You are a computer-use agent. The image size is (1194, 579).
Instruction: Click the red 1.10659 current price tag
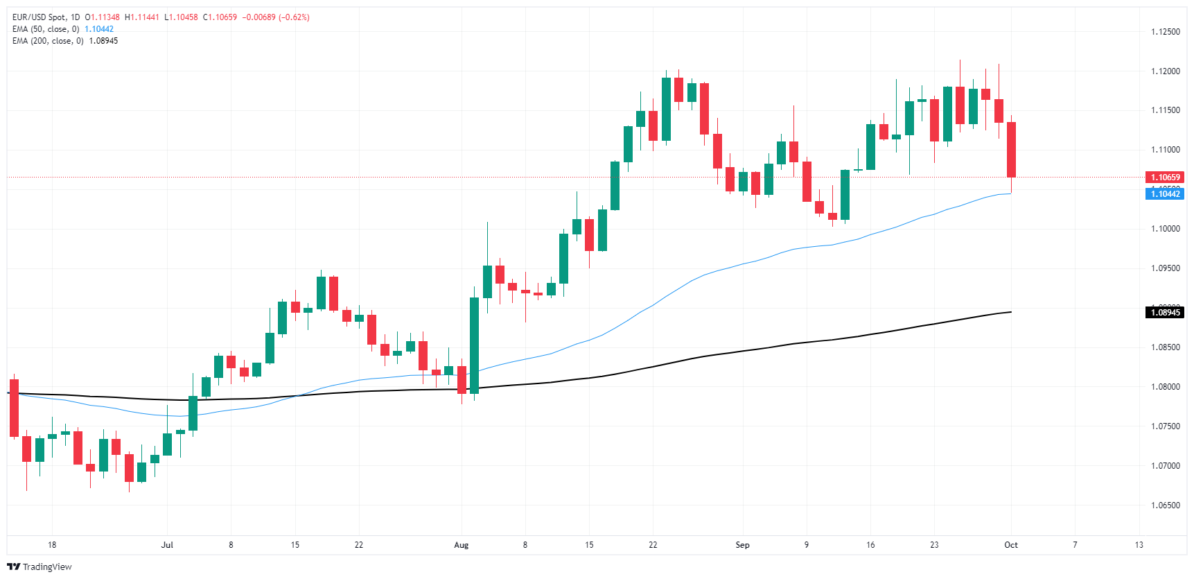[1164, 178]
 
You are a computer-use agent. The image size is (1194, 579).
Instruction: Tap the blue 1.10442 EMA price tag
[1164, 194]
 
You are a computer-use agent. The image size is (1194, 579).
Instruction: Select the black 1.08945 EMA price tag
[1164, 313]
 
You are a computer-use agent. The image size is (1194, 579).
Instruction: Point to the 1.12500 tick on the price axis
[1165, 32]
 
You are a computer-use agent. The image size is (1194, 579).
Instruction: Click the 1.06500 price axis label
[1165, 505]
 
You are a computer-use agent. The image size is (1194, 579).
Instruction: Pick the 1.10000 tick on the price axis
[1165, 229]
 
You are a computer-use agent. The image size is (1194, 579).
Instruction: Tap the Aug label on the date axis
[461, 545]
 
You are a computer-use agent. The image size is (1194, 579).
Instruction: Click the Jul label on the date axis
[167, 545]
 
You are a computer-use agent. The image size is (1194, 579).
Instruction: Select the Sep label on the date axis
[742, 545]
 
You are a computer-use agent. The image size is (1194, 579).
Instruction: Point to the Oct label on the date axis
[1011, 545]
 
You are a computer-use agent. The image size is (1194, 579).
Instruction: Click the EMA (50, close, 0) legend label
[46, 29]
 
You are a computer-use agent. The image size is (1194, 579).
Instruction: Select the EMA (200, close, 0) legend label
[48, 41]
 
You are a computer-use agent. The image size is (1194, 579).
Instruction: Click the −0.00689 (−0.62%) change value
[276, 17]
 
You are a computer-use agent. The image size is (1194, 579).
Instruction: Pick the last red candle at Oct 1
[1011, 149]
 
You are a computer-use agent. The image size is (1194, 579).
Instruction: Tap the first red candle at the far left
[14, 408]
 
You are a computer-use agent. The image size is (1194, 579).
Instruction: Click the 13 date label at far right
[1139, 545]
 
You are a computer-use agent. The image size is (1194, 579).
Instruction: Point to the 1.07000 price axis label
[1165, 466]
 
